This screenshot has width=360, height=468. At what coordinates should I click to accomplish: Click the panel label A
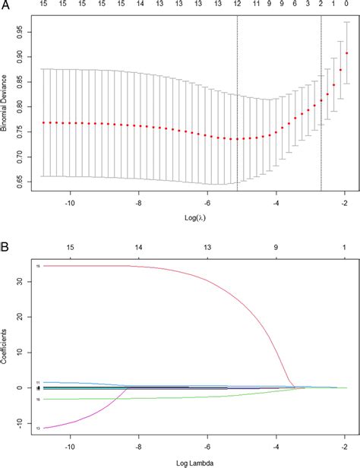(x=5, y=5)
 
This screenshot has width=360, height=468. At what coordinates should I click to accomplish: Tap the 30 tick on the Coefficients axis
(x=24, y=282)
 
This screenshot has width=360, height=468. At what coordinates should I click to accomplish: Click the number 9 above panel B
(x=276, y=248)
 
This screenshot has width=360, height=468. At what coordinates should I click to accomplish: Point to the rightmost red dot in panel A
(x=347, y=53)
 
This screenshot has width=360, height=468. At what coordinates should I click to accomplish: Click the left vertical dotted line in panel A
(x=237, y=106)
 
